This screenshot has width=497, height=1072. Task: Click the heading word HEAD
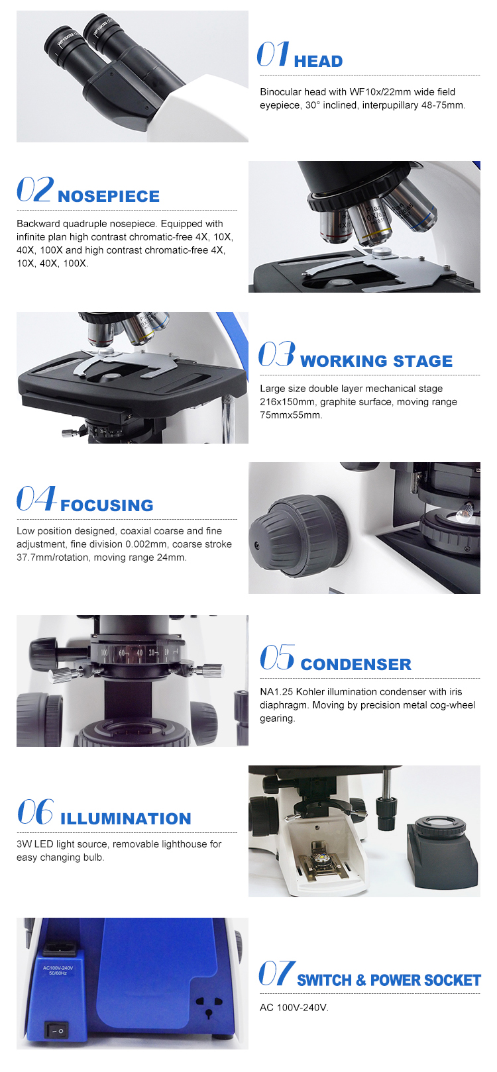click(x=318, y=62)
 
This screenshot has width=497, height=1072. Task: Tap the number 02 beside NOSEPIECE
click(x=34, y=189)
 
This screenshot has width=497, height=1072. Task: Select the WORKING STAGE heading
click(x=376, y=361)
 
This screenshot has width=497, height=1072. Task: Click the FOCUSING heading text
click(x=107, y=505)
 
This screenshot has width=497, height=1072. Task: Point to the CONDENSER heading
click(x=356, y=664)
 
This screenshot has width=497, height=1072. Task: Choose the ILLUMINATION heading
click(x=125, y=819)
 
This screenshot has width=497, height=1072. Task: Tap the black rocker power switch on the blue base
click(x=57, y=1030)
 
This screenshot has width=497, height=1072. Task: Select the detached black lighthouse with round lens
click(x=442, y=852)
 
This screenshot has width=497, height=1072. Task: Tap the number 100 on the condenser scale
click(x=104, y=652)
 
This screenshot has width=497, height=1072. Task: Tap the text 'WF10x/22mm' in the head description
click(x=379, y=92)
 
